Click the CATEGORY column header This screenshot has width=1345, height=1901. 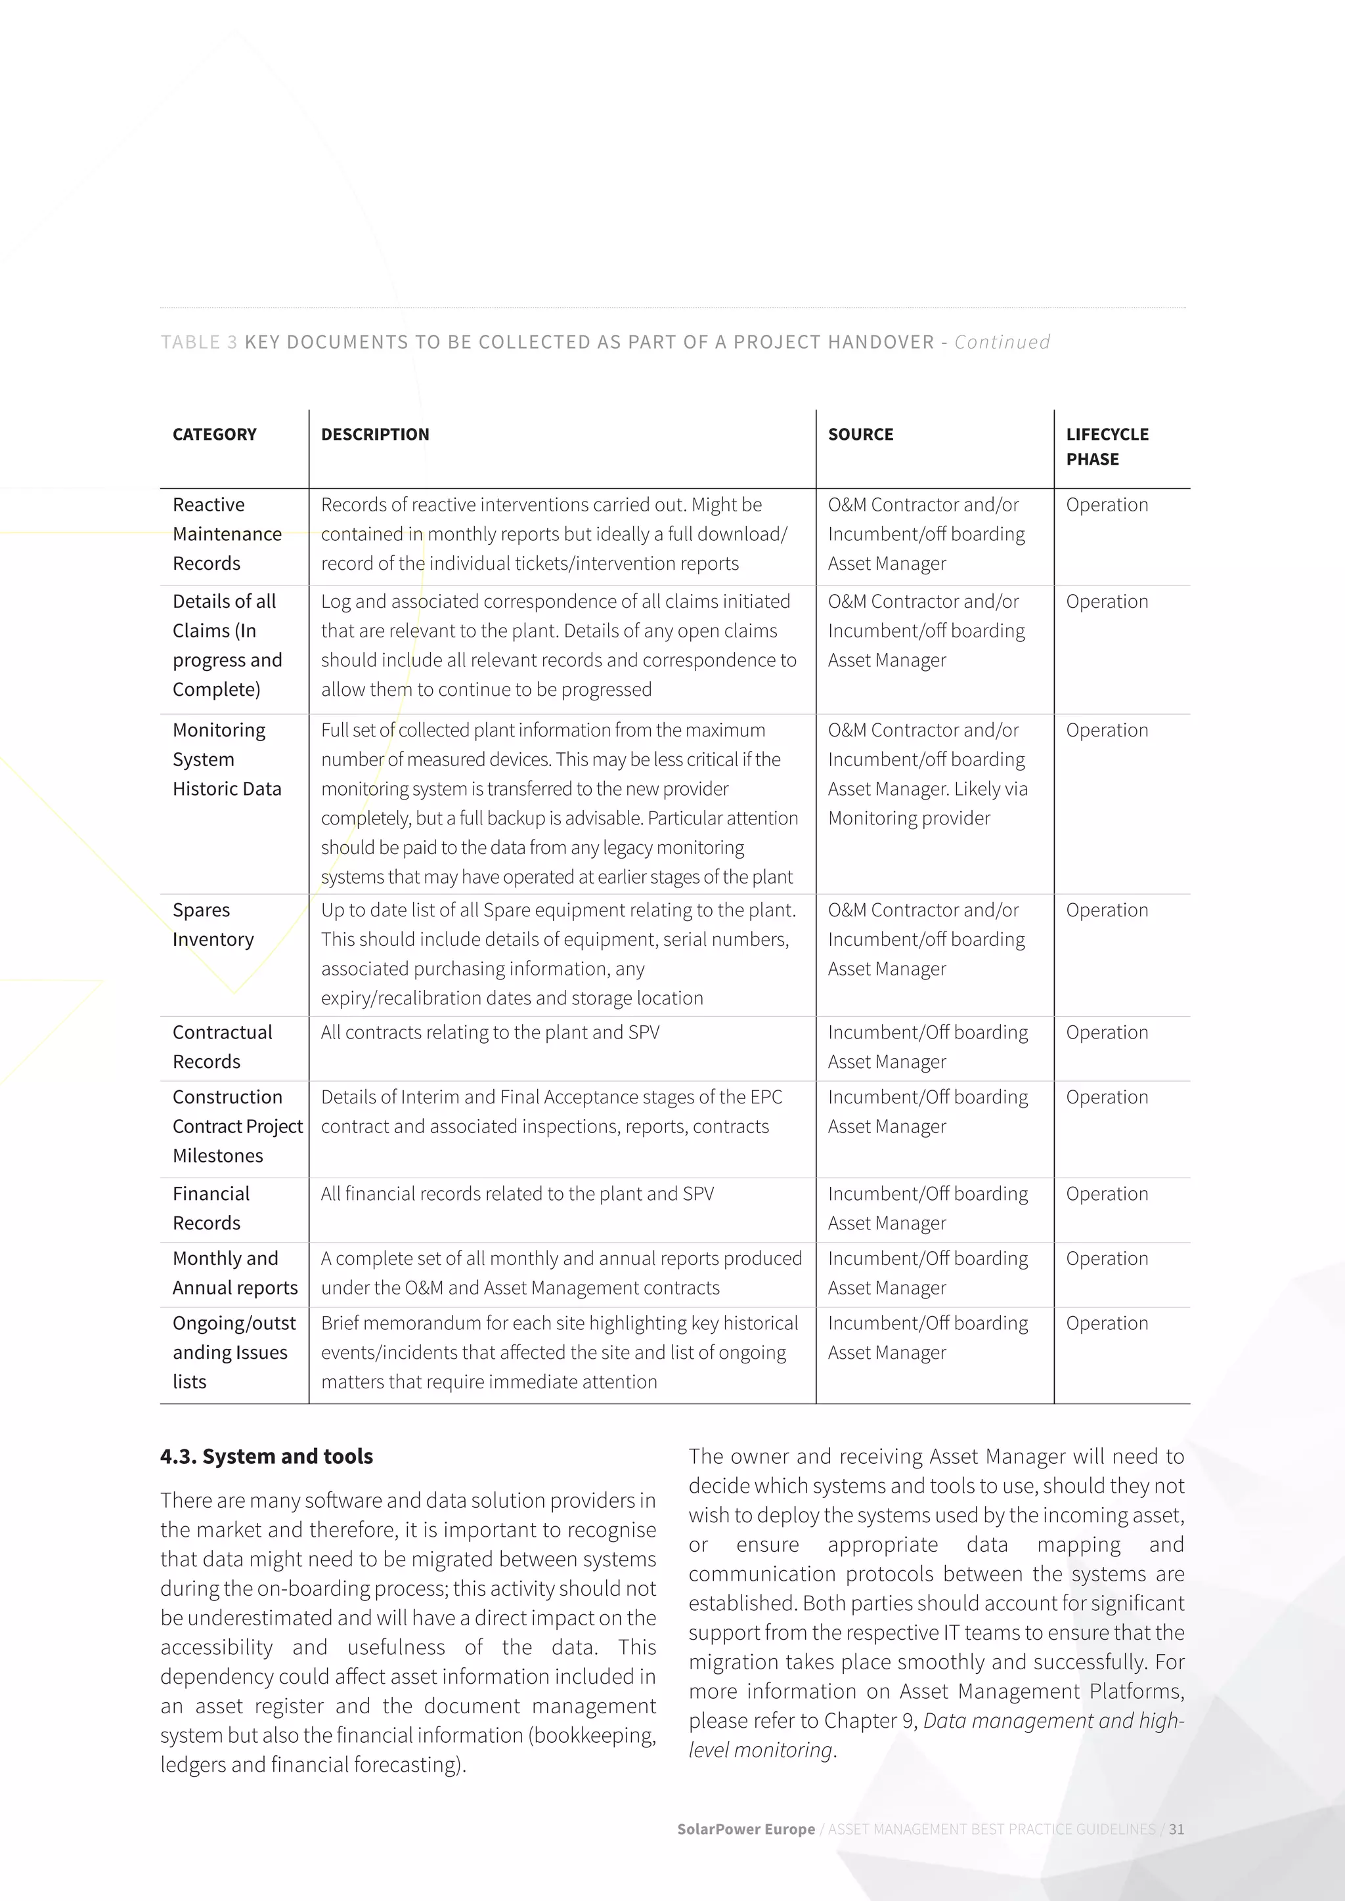click(215, 435)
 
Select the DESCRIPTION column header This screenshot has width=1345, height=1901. click(375, 435)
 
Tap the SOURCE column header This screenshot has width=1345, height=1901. click(860, 435)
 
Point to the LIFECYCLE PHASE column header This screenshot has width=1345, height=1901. click(1107, 446)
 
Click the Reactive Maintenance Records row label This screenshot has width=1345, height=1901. click(227, 534)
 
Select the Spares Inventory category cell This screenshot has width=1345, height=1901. click(213, 925)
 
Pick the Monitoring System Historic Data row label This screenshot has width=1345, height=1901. click(227, 759)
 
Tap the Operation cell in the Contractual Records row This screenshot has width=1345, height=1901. click(1107, 1033)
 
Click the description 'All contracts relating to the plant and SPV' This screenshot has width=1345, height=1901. click(491, 1033)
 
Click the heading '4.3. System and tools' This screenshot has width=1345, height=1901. click(267, 1457)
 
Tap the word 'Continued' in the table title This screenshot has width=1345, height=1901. click(1002, 342)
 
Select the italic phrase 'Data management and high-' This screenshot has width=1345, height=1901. click(1053, 1720)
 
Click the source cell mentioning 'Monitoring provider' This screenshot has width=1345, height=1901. click(927, 774)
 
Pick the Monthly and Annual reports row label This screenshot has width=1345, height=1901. click(234, 1273)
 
